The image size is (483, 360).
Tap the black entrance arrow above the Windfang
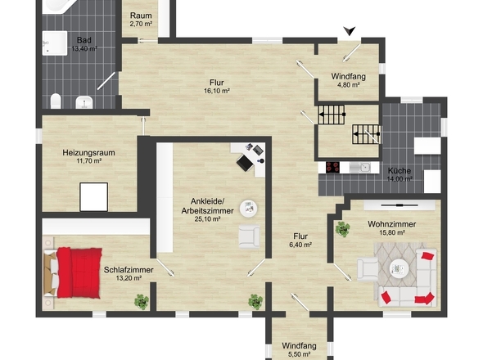[350, 31]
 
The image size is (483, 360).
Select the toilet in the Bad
[56, 101]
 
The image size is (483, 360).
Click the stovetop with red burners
[332, 167]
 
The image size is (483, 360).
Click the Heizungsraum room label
[88, 152]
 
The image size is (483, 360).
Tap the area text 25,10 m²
[207, 219]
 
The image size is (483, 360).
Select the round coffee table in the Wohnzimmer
[399, 269]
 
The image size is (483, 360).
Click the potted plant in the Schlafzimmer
[142, 302]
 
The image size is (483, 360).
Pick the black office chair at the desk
[246, 163]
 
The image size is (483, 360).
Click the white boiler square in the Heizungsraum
[93, 197]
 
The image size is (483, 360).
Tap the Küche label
[399, 171]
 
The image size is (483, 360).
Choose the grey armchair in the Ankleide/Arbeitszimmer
[249, 236]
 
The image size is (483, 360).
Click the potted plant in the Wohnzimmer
[342, 229]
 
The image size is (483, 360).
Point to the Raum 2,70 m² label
[141, 20]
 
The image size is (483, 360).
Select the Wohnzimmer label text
[392, 224]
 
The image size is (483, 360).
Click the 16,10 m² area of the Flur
[217, 91]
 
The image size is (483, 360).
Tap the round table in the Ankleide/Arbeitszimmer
[249, 209]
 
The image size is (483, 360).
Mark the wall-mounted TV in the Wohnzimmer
[399, 205]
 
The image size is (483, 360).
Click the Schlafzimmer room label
[129, 270]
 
